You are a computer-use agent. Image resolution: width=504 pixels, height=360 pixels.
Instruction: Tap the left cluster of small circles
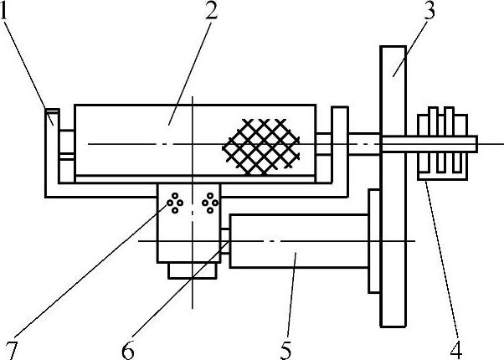click(175, 203)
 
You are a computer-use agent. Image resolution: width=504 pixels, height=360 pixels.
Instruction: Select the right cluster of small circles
click(210, 203)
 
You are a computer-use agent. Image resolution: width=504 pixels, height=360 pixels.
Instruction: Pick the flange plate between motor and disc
click(373, 241)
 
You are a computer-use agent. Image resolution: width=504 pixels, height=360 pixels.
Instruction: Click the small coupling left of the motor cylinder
click(225, 241)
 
